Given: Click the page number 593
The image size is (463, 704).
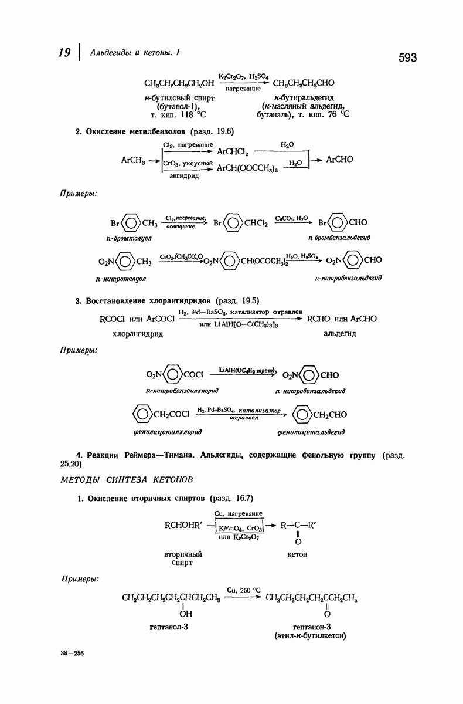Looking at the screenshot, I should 407,57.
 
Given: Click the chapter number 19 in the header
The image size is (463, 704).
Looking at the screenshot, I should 65,53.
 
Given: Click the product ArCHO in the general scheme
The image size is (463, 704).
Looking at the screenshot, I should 339,159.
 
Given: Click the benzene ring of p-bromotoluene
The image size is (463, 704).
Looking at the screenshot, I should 132,223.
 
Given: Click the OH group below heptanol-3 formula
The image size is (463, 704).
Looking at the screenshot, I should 185,614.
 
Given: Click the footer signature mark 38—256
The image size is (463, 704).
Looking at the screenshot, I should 72,652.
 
